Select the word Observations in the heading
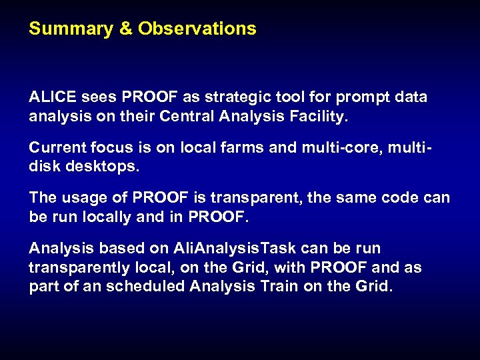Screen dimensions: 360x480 (x=197, y=29)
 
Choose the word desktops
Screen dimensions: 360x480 (x=101, y=167)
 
